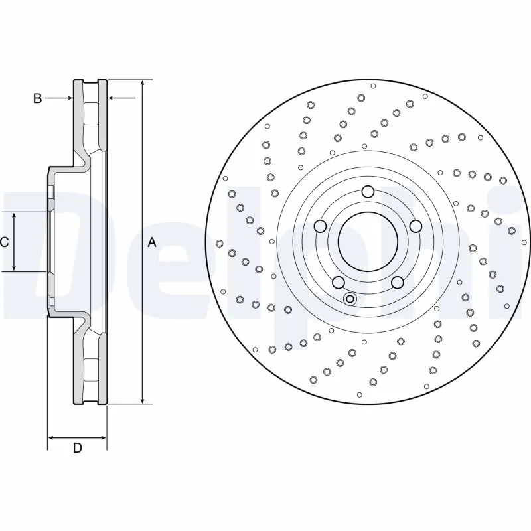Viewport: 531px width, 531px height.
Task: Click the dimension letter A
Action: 152,243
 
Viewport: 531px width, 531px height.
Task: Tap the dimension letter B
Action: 38,98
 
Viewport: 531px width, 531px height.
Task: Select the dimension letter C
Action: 5,242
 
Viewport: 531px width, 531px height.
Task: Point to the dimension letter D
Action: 77,449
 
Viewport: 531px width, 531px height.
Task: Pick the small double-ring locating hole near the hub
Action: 350,299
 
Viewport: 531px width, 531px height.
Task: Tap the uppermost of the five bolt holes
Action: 368,192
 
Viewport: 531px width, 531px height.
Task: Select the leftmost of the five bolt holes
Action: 320,226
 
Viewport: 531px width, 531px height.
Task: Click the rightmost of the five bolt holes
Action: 416,226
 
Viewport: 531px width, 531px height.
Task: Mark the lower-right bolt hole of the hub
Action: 397,283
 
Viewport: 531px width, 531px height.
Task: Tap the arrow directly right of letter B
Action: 68,98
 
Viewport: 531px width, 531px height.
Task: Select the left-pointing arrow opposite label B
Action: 112,98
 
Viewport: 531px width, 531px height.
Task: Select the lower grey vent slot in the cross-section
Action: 92,369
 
